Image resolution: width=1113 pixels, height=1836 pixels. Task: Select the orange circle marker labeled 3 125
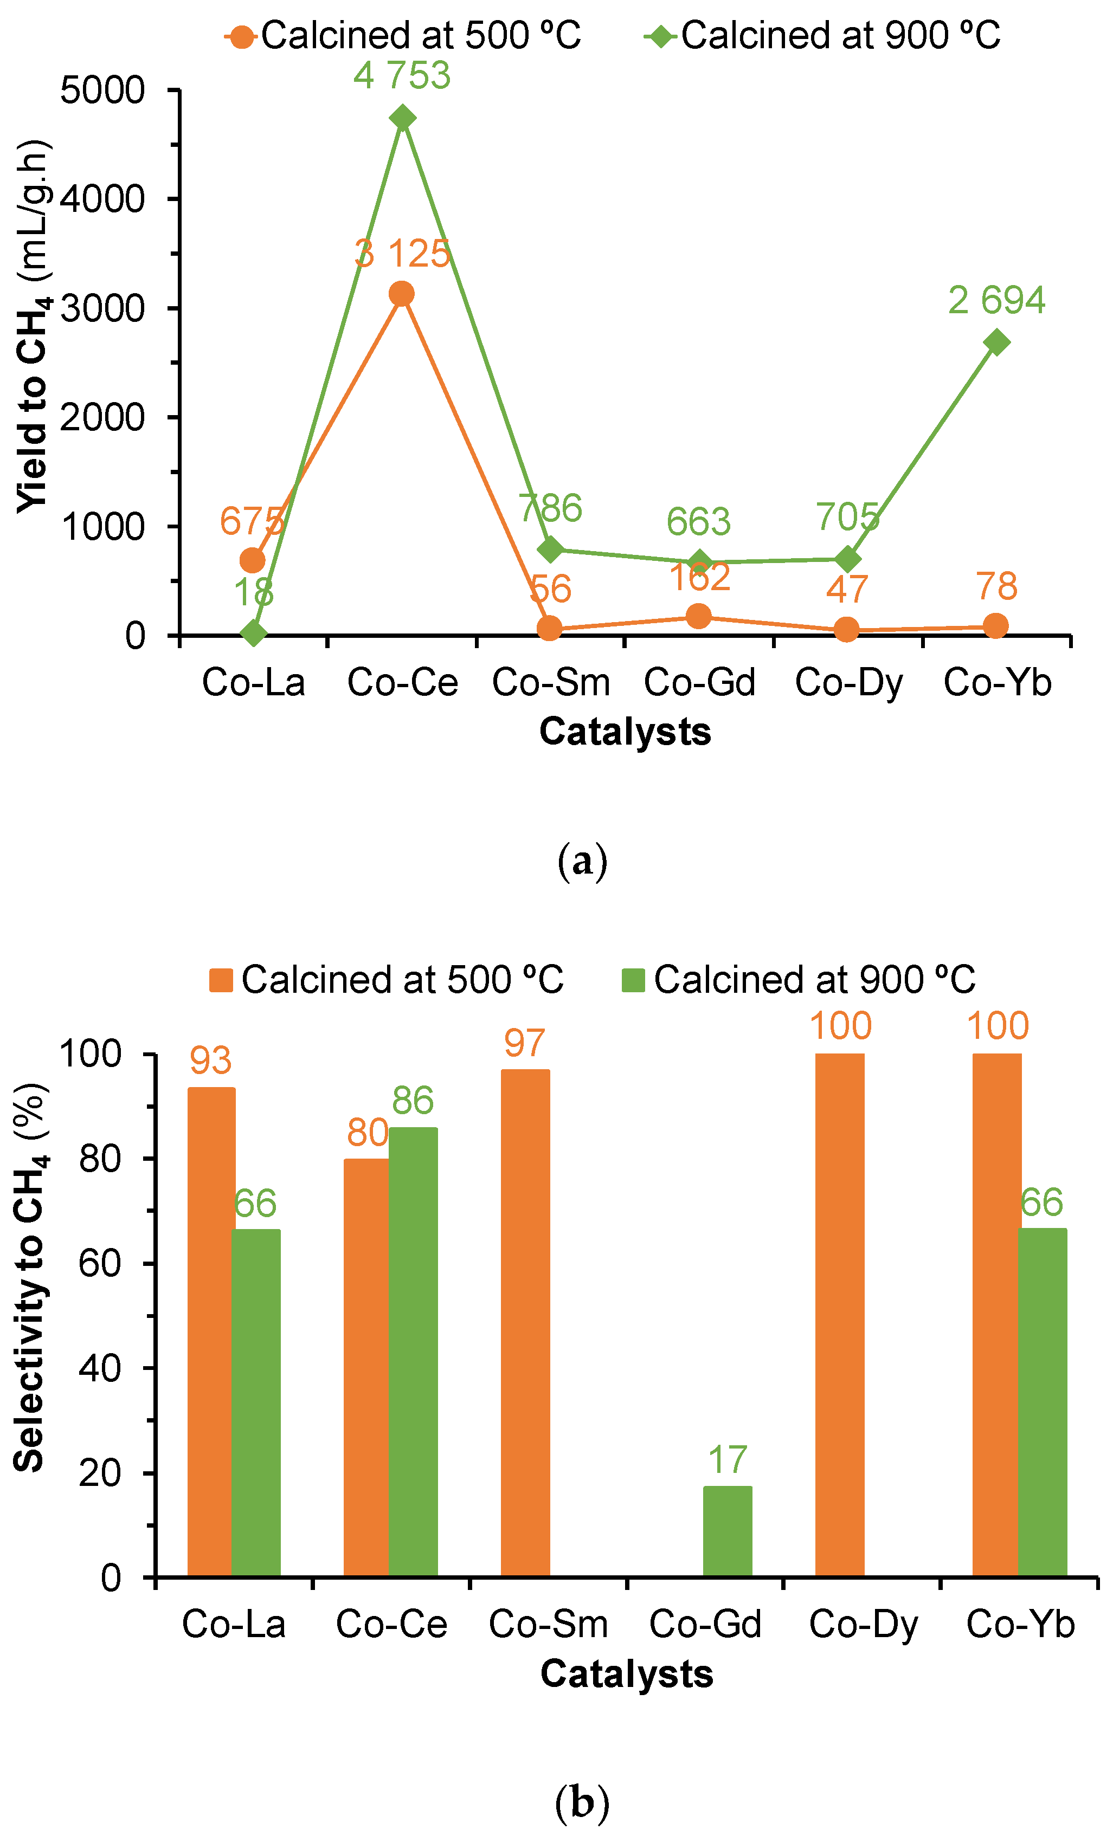point(401,294)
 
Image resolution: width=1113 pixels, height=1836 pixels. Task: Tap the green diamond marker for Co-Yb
point(996,342)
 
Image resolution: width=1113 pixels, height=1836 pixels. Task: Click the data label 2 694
point(996,300)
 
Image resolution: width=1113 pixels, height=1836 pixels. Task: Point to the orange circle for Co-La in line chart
point(253,560)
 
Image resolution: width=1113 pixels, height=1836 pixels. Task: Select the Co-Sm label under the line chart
point(551,682)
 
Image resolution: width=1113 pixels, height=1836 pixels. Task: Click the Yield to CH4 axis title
point(33,328)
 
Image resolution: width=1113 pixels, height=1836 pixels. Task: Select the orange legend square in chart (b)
point(221,980)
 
